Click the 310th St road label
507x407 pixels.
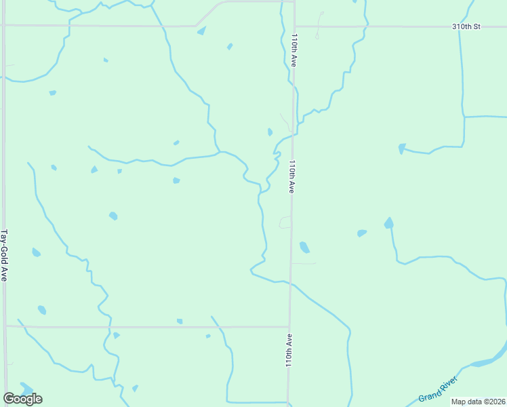pos(466,26)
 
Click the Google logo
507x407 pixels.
pos(22,398)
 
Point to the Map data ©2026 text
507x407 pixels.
pos(478,402)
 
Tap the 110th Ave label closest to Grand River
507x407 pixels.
pos(289,350)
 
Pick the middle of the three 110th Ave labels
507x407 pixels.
pos(291,177)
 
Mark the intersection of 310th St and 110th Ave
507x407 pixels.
pos(295,26)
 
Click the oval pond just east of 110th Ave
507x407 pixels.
pos(304,247)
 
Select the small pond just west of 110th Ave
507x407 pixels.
pos(270,132)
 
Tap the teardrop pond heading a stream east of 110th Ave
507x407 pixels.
pos(388,223)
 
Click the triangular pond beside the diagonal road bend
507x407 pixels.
pos(201,31)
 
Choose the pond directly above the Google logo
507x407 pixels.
pos(26,387)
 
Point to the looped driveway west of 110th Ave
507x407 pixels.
pos(285,222)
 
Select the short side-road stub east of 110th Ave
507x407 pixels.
pos(304,263)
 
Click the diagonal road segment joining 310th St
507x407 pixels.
pos(209,14)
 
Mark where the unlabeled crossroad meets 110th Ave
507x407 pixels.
pos(288,327)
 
